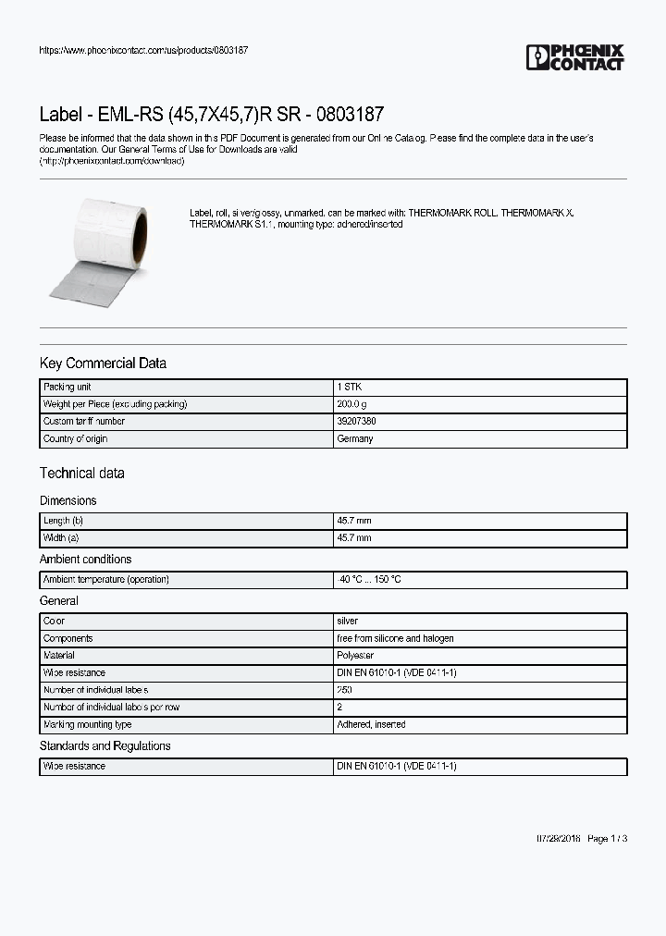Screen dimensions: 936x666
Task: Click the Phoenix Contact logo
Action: click(x=574, y=57)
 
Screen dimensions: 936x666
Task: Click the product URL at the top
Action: click(x=143, y=50)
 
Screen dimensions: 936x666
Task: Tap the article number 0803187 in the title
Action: click(x=350, y=116)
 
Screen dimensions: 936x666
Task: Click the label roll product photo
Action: click(x=97, y=248)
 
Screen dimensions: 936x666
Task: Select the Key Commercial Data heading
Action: click(x=103, y=363)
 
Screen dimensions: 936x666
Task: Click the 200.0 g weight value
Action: click(x=352, y=404)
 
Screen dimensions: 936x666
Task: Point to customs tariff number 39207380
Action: click(x=356, y=422)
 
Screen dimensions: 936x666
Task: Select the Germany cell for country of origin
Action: click(x=355, y=438)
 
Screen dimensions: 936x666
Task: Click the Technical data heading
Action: click(x=82, y=474)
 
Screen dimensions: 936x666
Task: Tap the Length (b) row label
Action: click(x=69, y=521)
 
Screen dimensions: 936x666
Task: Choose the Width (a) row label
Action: click(x=67, y=537)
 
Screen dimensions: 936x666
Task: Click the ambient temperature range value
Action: click(x=370, y=580)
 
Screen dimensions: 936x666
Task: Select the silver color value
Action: click(x=348, y=622)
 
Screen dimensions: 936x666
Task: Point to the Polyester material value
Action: click(x=355, y=656)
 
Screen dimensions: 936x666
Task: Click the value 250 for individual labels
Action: click(x=344, y=690)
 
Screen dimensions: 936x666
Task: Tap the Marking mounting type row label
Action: click(x=88, y=725)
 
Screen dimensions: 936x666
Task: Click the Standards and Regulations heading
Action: click(x=105, y=745)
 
